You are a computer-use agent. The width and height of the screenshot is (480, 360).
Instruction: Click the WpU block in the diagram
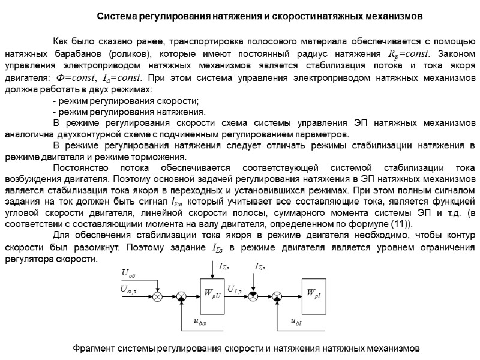point(214,296)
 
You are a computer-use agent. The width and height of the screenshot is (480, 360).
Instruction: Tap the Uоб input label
point(129,274)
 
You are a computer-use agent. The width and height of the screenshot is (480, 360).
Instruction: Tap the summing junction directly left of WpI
point(278,296)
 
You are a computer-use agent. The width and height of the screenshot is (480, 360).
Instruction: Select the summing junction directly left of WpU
point(181,296)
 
